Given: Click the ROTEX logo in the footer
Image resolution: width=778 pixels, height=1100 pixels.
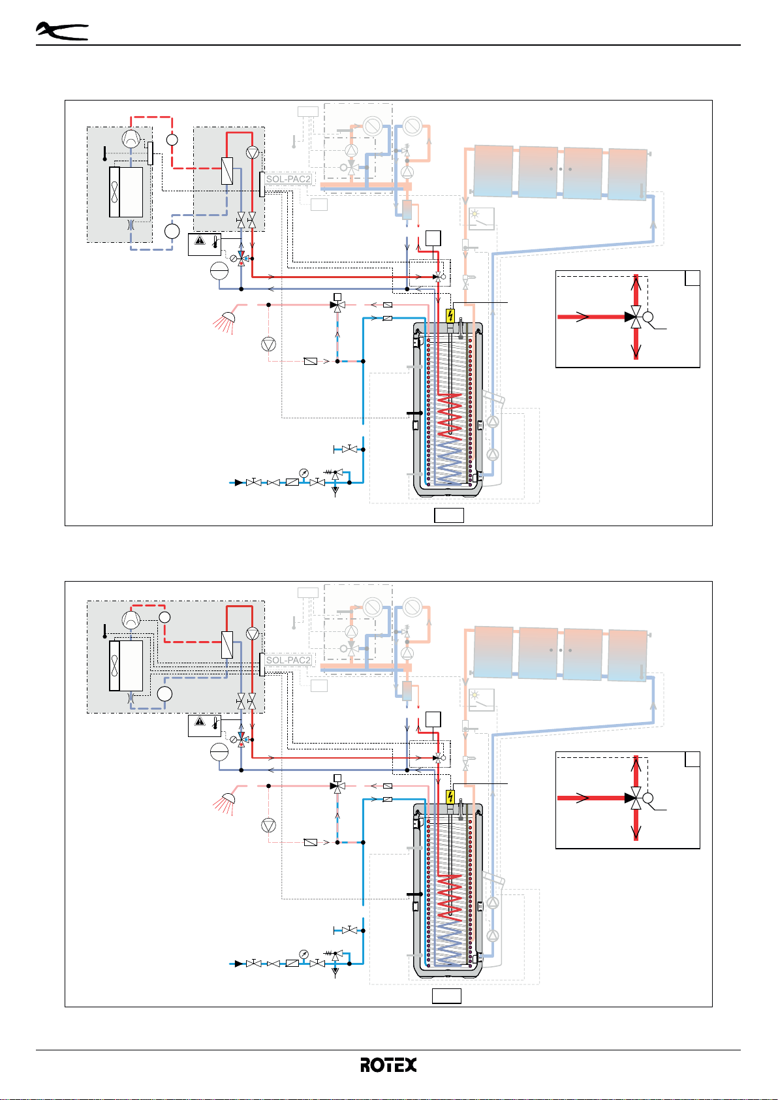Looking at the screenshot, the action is [388, 1065].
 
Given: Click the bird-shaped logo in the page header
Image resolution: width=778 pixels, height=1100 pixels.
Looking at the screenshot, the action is [62, 31].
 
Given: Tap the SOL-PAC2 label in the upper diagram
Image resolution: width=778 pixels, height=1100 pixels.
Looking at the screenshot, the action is [288, 180].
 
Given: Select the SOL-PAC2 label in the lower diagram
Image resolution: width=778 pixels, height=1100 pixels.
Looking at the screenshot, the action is [288, 661].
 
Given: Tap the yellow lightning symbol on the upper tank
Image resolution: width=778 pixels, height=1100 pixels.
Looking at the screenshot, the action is [450, 315].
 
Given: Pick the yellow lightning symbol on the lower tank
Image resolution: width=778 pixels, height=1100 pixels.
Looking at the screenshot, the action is [450, 796].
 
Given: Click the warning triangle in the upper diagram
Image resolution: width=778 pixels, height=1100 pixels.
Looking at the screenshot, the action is [200, 240].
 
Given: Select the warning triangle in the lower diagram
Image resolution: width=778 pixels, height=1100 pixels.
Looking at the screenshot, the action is [200, 721].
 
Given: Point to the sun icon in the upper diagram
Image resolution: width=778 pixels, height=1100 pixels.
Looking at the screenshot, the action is [475, 213].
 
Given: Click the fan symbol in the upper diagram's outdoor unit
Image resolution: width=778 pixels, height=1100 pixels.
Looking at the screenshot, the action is [114, 192].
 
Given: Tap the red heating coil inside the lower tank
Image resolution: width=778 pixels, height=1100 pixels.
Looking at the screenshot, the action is [450, 896].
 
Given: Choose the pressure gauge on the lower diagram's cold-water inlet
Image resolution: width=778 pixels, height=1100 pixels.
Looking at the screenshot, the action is [304, 954].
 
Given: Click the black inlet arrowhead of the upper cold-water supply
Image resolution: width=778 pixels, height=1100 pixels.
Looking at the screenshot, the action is [238, 482].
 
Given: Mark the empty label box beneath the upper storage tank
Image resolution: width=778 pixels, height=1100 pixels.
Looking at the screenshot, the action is [448, 515].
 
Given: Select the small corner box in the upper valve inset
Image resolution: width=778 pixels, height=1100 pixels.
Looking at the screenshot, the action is [692, 278].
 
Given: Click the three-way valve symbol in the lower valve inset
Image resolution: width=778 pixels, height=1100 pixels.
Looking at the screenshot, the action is [636, 798].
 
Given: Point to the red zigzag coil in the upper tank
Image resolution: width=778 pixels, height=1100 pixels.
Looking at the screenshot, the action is [450, 415].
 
